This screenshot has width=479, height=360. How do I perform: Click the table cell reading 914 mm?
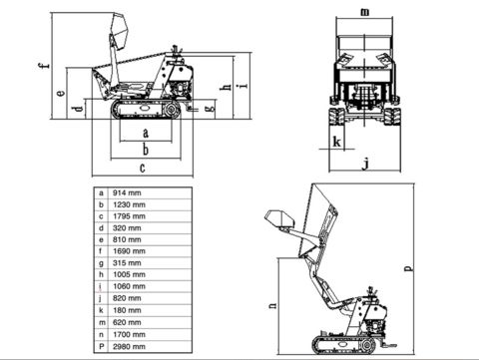127,192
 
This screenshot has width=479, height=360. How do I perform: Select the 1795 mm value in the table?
129,216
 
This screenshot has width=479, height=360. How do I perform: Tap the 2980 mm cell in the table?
129,347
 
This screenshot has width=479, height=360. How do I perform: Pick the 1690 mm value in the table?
129,251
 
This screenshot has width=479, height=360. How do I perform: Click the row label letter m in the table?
102,322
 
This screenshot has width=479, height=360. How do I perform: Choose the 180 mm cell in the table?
127,310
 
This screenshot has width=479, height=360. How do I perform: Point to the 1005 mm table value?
129,274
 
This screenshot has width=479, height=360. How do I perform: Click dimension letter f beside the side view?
44,66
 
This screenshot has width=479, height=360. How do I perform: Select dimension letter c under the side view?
143,168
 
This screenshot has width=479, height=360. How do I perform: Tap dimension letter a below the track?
146,134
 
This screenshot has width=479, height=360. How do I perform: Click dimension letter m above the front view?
365,12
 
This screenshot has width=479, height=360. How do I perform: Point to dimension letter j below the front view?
365,164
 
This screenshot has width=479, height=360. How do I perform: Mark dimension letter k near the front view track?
337,142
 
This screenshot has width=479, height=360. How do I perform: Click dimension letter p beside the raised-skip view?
409,268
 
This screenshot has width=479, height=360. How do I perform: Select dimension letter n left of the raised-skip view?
272,305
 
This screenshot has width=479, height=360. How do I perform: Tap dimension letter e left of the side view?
61,93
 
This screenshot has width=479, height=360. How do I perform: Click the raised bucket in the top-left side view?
119,29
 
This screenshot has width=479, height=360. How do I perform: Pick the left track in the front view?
336,117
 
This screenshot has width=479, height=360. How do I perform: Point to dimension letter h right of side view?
227,87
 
